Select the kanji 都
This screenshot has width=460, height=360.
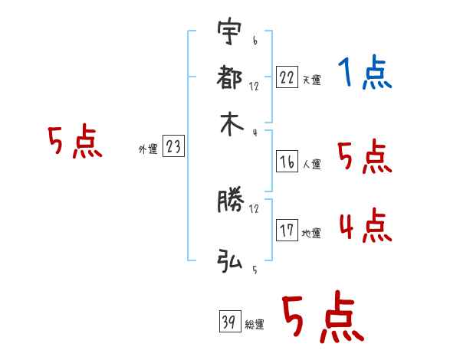pos(230,79)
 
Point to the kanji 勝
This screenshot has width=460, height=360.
pos(230,202)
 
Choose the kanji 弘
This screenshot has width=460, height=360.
pos(230,262)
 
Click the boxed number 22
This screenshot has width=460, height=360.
pos(287,77)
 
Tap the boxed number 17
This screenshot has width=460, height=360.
pos(287,230)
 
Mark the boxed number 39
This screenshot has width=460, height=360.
pos(229,322)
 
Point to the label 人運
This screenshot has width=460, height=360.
pos(311,164)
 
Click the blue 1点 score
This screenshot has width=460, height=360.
pos(364,74)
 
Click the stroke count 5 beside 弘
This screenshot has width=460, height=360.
pos(254,269)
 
